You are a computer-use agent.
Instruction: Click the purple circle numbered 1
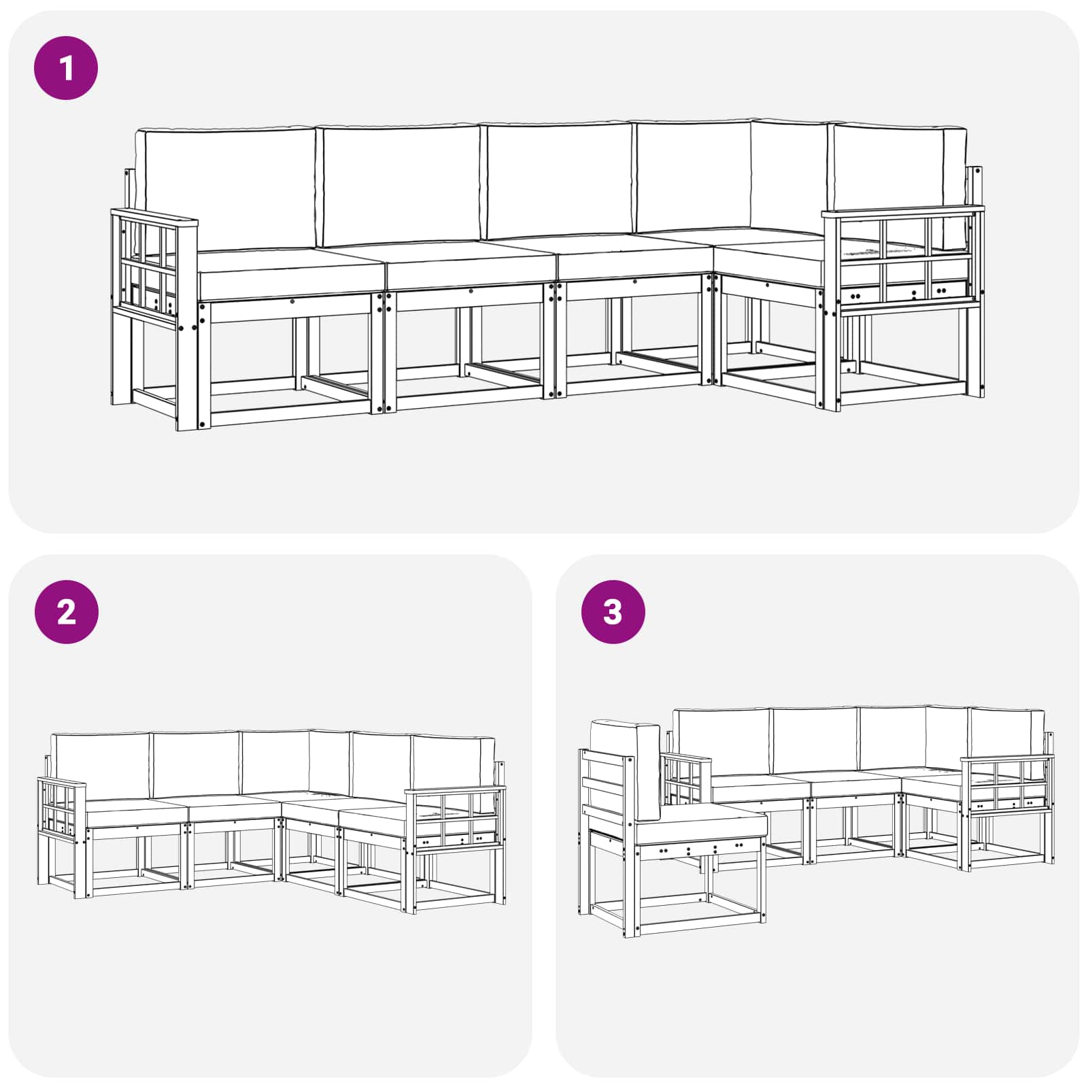tap(66, 68)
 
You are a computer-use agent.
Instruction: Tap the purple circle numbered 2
tap(66, 612)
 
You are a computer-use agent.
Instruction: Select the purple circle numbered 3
tap(612, 612)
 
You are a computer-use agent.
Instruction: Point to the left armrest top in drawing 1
tap(155, 218)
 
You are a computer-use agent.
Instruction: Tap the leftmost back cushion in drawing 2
tap(101, 765)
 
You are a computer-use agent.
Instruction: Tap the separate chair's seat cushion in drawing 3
tap(700, 826)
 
